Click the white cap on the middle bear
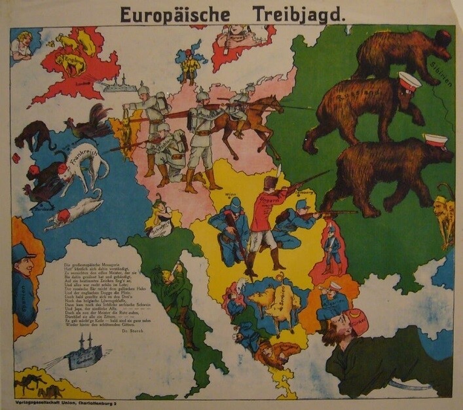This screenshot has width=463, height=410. pyautogui.click(x=409, y=82)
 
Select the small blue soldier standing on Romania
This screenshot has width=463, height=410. pyautogui.click(x=331, y=248)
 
